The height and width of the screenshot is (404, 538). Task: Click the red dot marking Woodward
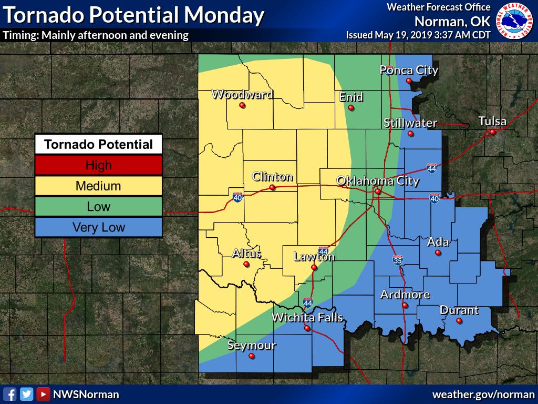pyautogui.click(x=242, y=105)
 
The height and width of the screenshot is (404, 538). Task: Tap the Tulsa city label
pyautogui.click(x=492, y=122)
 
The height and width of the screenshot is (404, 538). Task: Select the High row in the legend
pyautogui.click(x=98, y=165)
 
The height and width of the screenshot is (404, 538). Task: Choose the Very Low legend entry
pyautogui.click(x=98, y=227)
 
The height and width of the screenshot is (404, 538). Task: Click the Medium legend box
pyautogui.click(x=98, y=186)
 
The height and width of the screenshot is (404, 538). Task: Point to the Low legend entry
pyautogui.click(x=98, y=207)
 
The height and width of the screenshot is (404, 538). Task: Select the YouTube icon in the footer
pyautogui.click(x=43, y=394)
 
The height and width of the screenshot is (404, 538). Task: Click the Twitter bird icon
pyautogui.click(x=26, y=394)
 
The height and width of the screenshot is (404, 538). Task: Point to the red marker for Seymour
pyautogui.click(x=251, y=356)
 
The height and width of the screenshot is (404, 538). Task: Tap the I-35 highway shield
pyautogui.click(x=398, y=260)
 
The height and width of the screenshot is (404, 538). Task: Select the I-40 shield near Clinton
pyautogui.click(x=237, y=198)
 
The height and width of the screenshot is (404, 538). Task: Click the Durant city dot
pyautogui.click(x=459, y=320)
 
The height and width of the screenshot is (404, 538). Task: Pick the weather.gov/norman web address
pyautogui.click(x=483, y=394)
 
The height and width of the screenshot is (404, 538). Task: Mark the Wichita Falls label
pyautogui.click(x=307, y=317)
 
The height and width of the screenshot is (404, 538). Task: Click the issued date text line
pyautogui.click(x=418, y=35)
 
